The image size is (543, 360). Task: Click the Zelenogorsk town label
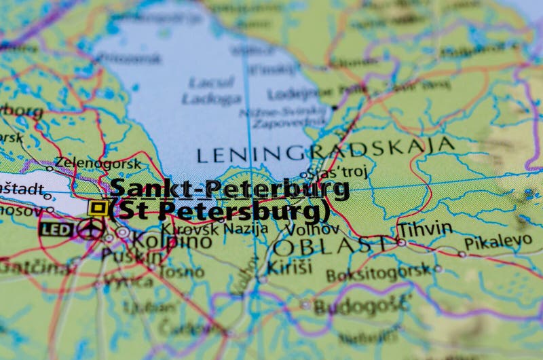(x=98, y=163)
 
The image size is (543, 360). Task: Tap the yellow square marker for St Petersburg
(x=98, y=207)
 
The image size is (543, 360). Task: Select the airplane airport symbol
(x=90, y=228)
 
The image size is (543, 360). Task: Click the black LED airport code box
(x=56, y=230)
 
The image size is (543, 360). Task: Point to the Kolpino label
(x=161, y=241)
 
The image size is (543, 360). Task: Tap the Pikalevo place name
(x=498, y=242)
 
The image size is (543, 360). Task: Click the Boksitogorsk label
(x=379, y=274)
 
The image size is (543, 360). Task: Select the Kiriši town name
(x=288, y=267)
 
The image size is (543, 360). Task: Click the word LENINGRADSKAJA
(x=326, y=149)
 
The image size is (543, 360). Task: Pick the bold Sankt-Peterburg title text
(x=229, y=188)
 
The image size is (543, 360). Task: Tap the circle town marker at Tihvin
(x=402, y=242)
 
